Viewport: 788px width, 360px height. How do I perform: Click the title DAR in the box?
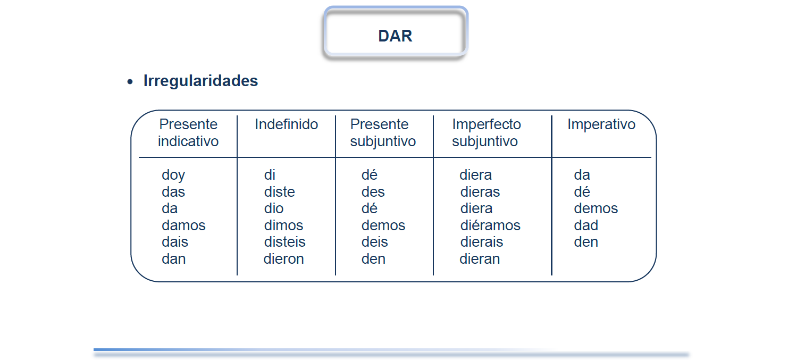pos(395,36)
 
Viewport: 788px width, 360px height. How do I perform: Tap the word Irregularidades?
pos(200,81)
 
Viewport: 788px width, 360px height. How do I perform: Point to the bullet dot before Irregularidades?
pos(130,82)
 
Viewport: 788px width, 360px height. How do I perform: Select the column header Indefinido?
pos(287,124)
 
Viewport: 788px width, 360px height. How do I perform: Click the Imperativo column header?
pos(601,124)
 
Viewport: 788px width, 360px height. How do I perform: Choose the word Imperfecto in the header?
pos(487,124)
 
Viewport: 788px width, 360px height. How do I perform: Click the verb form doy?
pos(173,175)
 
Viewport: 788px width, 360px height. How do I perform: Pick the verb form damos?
pos(183,225)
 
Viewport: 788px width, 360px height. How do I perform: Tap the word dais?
pos(175,242)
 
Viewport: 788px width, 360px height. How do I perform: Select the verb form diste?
pos(279,192)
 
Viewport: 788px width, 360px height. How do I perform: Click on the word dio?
pos(274,208)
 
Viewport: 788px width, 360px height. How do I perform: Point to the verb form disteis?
pos(284,242)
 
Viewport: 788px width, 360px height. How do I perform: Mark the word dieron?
pos(283,258)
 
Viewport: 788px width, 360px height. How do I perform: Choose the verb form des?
pos(373,192)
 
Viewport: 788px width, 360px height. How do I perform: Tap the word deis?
pos(375,242)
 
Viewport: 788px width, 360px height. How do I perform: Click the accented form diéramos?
pos(490,225)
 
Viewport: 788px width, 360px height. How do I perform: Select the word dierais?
pos(482,242)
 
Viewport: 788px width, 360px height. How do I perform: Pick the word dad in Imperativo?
pos(586,225)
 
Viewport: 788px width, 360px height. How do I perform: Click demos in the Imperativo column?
pos(596,208)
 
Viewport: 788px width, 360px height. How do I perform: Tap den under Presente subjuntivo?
pos(374,258)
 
